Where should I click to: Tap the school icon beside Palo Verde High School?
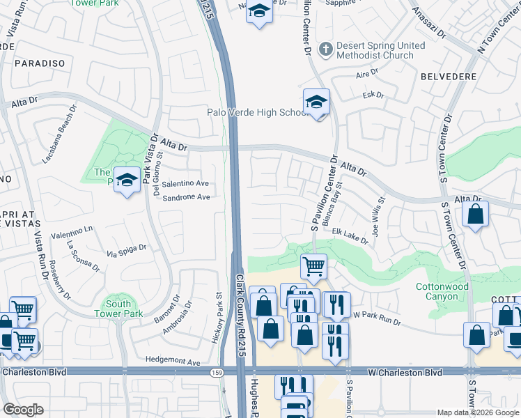tap(316, 103)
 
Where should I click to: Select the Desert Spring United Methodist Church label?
tap(380, 51)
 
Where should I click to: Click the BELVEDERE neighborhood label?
tap(449, 75)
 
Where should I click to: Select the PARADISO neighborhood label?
tap(38, 63)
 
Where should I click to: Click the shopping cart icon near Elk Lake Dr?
tap(313, 265)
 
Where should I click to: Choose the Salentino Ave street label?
tap(186, 183)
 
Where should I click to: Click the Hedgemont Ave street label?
tap(173, 362)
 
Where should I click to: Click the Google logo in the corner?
tap(23, 409)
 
